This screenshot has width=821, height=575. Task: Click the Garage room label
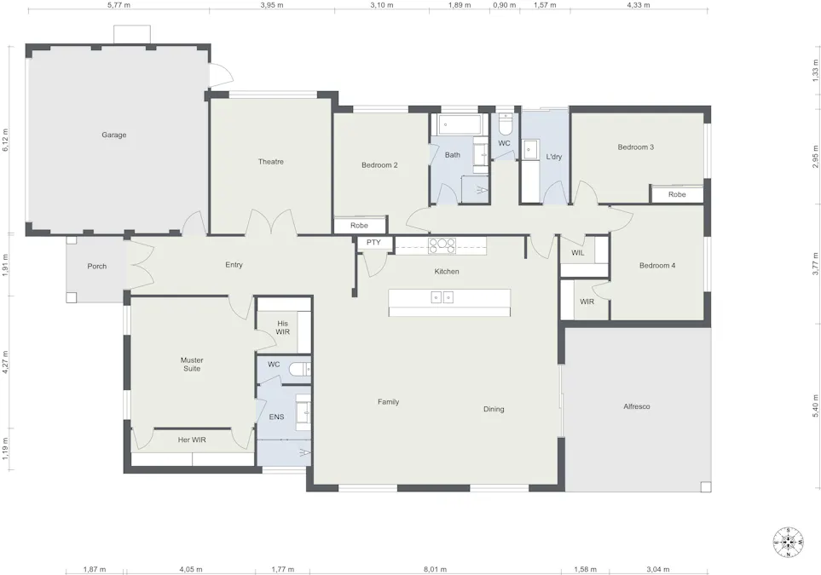114,135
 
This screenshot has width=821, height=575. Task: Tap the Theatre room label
271,161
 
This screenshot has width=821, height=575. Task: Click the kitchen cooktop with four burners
442,245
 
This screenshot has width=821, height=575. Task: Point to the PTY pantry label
373,243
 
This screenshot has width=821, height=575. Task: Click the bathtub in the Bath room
460,126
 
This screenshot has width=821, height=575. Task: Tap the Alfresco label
637,406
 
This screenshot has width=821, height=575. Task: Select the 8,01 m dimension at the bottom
433,569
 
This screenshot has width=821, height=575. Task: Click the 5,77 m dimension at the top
119,5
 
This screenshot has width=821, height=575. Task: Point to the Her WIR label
192,440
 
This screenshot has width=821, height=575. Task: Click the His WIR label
283,327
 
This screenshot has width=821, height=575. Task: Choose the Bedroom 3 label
635,147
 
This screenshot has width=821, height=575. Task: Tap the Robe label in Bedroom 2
359,226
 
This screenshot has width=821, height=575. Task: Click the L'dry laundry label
553,157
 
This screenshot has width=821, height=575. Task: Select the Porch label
97,266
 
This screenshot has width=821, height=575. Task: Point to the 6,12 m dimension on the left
6,140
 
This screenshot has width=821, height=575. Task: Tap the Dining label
494,409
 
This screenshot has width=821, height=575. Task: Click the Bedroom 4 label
657,265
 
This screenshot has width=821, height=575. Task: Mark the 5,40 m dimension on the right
815,401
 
